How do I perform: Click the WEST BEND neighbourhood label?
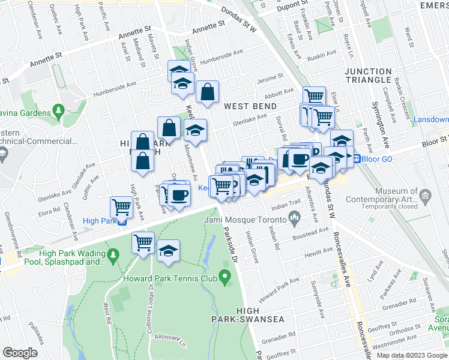pyautogui.click(x=250, y=106)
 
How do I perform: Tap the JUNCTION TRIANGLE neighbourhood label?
pyautogui.click(x=368, y=76)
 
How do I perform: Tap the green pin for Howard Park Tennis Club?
pyautogui.click(x=225, y=277)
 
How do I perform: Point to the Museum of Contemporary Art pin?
pyautogui.click(x=426, y=196)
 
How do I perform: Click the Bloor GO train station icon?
pyautogui.click(x=356, y=159)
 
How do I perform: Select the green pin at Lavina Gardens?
pyautogui.click(x=58, y=111)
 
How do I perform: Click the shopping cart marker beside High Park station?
pyautogui.click(x=122, y=208)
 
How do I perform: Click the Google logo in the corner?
pyautogui.click(x=20, y=352)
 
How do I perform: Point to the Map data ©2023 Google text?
pyautogui.click(x=412, y=355)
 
